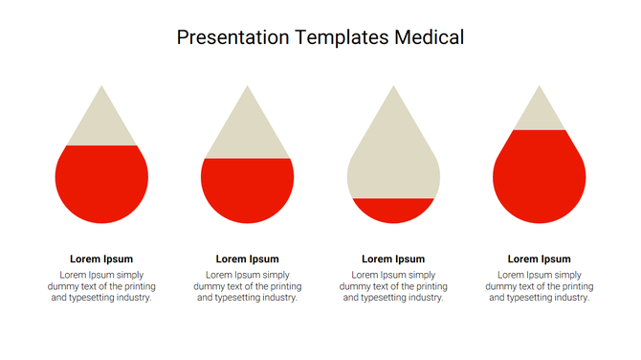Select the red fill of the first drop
(x=101, y=184)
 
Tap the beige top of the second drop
(x=248, y=129)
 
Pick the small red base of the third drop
(x=393, y=210)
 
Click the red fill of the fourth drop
(x=539, y=177)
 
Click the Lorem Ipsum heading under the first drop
(x=101, y=259)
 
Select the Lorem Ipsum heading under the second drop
(x=248, y=259)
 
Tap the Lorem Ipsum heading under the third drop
(x=393, y=259)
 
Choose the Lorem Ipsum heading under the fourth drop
(x=539, y=259)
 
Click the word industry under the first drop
(x=132, y=298)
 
